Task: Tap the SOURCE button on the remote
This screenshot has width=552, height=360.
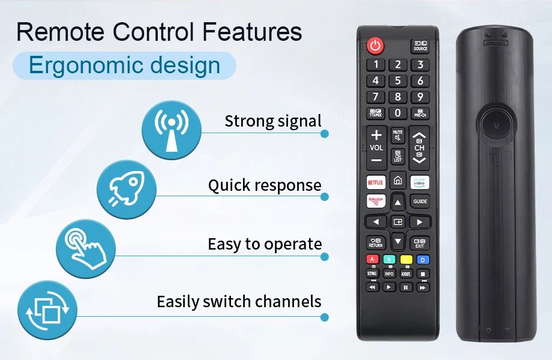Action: [x=420, y=46]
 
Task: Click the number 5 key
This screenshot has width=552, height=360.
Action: [x=397, y=80]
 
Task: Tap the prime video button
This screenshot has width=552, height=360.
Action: [x=420, y=181]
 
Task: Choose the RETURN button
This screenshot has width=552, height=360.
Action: [x=376, y=242]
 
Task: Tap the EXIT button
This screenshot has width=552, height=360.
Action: [x=419, y=242]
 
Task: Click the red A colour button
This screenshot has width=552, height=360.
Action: [x=373, y=260]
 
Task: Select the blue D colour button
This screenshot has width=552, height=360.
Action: [x=423, y=260]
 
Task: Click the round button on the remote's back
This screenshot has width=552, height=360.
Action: [x=496, y=125]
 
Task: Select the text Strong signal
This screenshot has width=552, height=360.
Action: [x=273, y=121]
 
